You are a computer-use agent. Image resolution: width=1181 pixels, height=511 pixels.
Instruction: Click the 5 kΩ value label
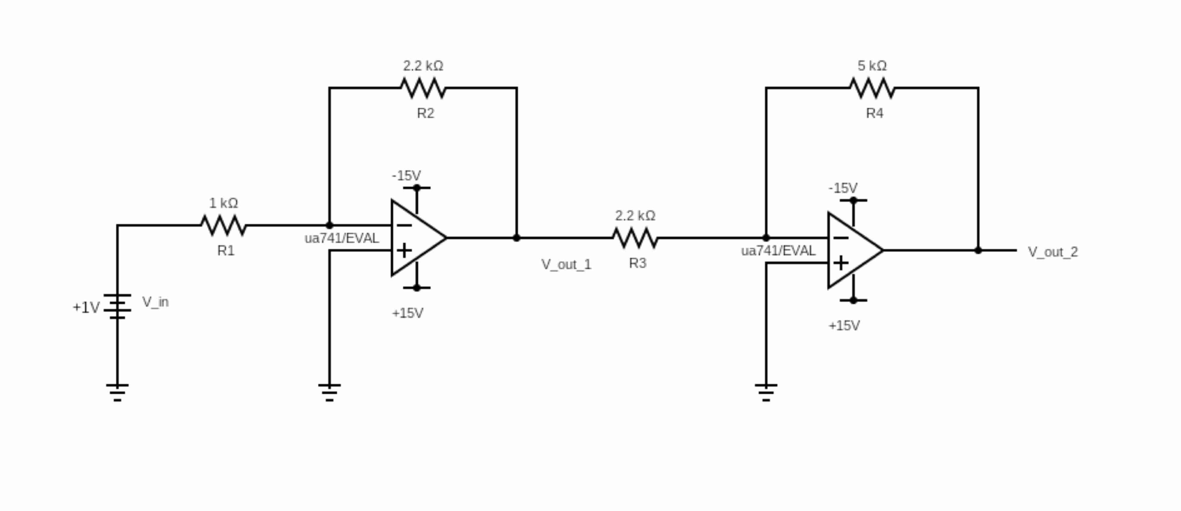(872, 66)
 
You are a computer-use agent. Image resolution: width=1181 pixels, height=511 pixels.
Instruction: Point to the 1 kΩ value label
(224, 203)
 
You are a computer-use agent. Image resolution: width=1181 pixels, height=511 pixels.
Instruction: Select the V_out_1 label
(566, 264)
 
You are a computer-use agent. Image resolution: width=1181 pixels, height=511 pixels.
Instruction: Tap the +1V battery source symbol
(117, 306)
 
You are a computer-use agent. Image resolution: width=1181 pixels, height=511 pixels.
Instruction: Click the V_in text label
(155, 302)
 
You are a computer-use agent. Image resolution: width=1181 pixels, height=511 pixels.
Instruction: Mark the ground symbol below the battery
(117, 392)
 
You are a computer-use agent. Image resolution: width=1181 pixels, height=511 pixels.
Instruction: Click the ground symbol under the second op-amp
(766, 392)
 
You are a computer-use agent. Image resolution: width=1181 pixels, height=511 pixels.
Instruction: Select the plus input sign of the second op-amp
(840, 263)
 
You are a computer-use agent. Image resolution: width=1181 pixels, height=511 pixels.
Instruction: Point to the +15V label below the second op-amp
(844, 326)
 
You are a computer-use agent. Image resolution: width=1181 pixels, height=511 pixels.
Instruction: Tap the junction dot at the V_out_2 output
(978, 250)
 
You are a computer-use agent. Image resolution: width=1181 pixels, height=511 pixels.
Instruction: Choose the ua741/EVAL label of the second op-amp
(778, 251)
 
